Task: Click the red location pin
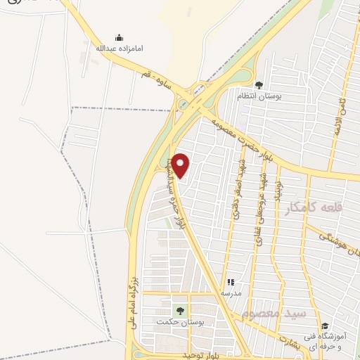[x=181, y=165]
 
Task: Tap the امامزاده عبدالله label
[x=119, y=49]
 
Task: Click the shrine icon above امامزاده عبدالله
[x=119, y=37]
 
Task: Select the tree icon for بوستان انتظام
[x=259, y=84]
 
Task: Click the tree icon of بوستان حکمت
[x=181, y=310]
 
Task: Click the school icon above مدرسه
[x=231, y=282]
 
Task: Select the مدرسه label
[x=231, y=292]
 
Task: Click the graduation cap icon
[x=324, y=326]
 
